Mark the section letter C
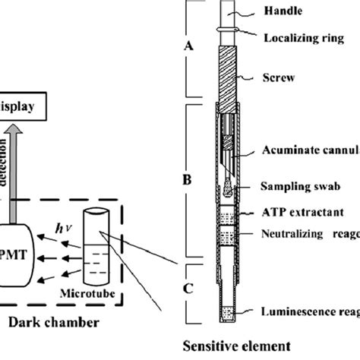tap(189, 289)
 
